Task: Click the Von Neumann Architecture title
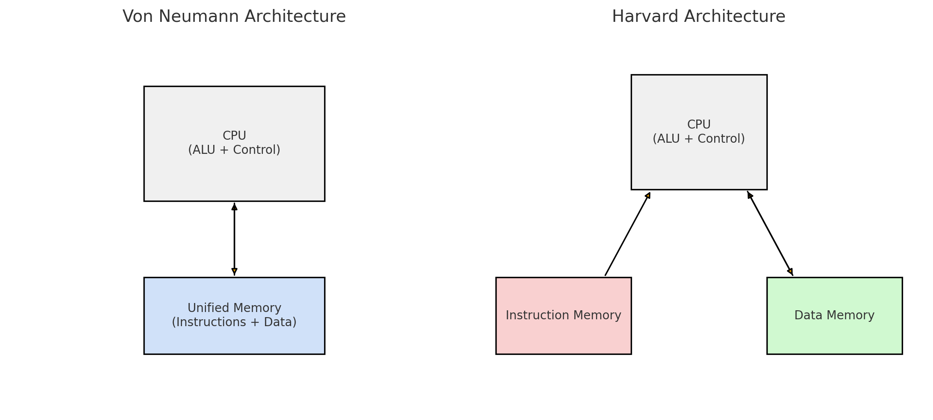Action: pos(234,17)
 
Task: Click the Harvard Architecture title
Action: pos(698,17)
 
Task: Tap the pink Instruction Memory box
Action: pos(563,334)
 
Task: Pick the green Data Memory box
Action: pos(834,334)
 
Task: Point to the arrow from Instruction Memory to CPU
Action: pos(627,234)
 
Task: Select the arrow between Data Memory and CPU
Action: pos(770,234)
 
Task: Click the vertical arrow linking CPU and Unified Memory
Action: pos(234,239)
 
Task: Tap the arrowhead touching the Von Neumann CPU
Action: pos(234,207)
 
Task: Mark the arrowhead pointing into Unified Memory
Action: pos(234,271)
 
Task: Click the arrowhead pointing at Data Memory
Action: pos(790,271)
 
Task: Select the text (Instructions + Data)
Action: pos(234,322)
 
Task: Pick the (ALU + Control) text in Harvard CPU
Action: pos(698,139)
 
